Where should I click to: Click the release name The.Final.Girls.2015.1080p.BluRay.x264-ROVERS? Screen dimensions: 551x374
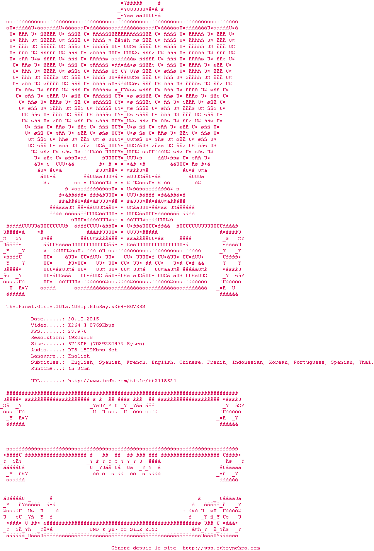click(76, 306)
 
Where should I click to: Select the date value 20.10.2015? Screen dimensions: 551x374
click(83, 319)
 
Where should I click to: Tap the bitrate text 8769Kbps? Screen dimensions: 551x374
click(102, 325)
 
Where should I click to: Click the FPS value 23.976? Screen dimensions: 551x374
click(77, 331)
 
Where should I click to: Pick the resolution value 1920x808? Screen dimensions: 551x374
click(80, 337)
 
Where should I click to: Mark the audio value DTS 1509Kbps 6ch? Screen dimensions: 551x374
click(93, 350)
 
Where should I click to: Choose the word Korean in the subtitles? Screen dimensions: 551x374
click(278, 362)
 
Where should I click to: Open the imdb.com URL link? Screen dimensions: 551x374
click(122, 381)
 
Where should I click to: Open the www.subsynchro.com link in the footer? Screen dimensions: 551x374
click(221, 548)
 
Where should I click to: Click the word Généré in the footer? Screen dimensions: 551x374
click(121, 548)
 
